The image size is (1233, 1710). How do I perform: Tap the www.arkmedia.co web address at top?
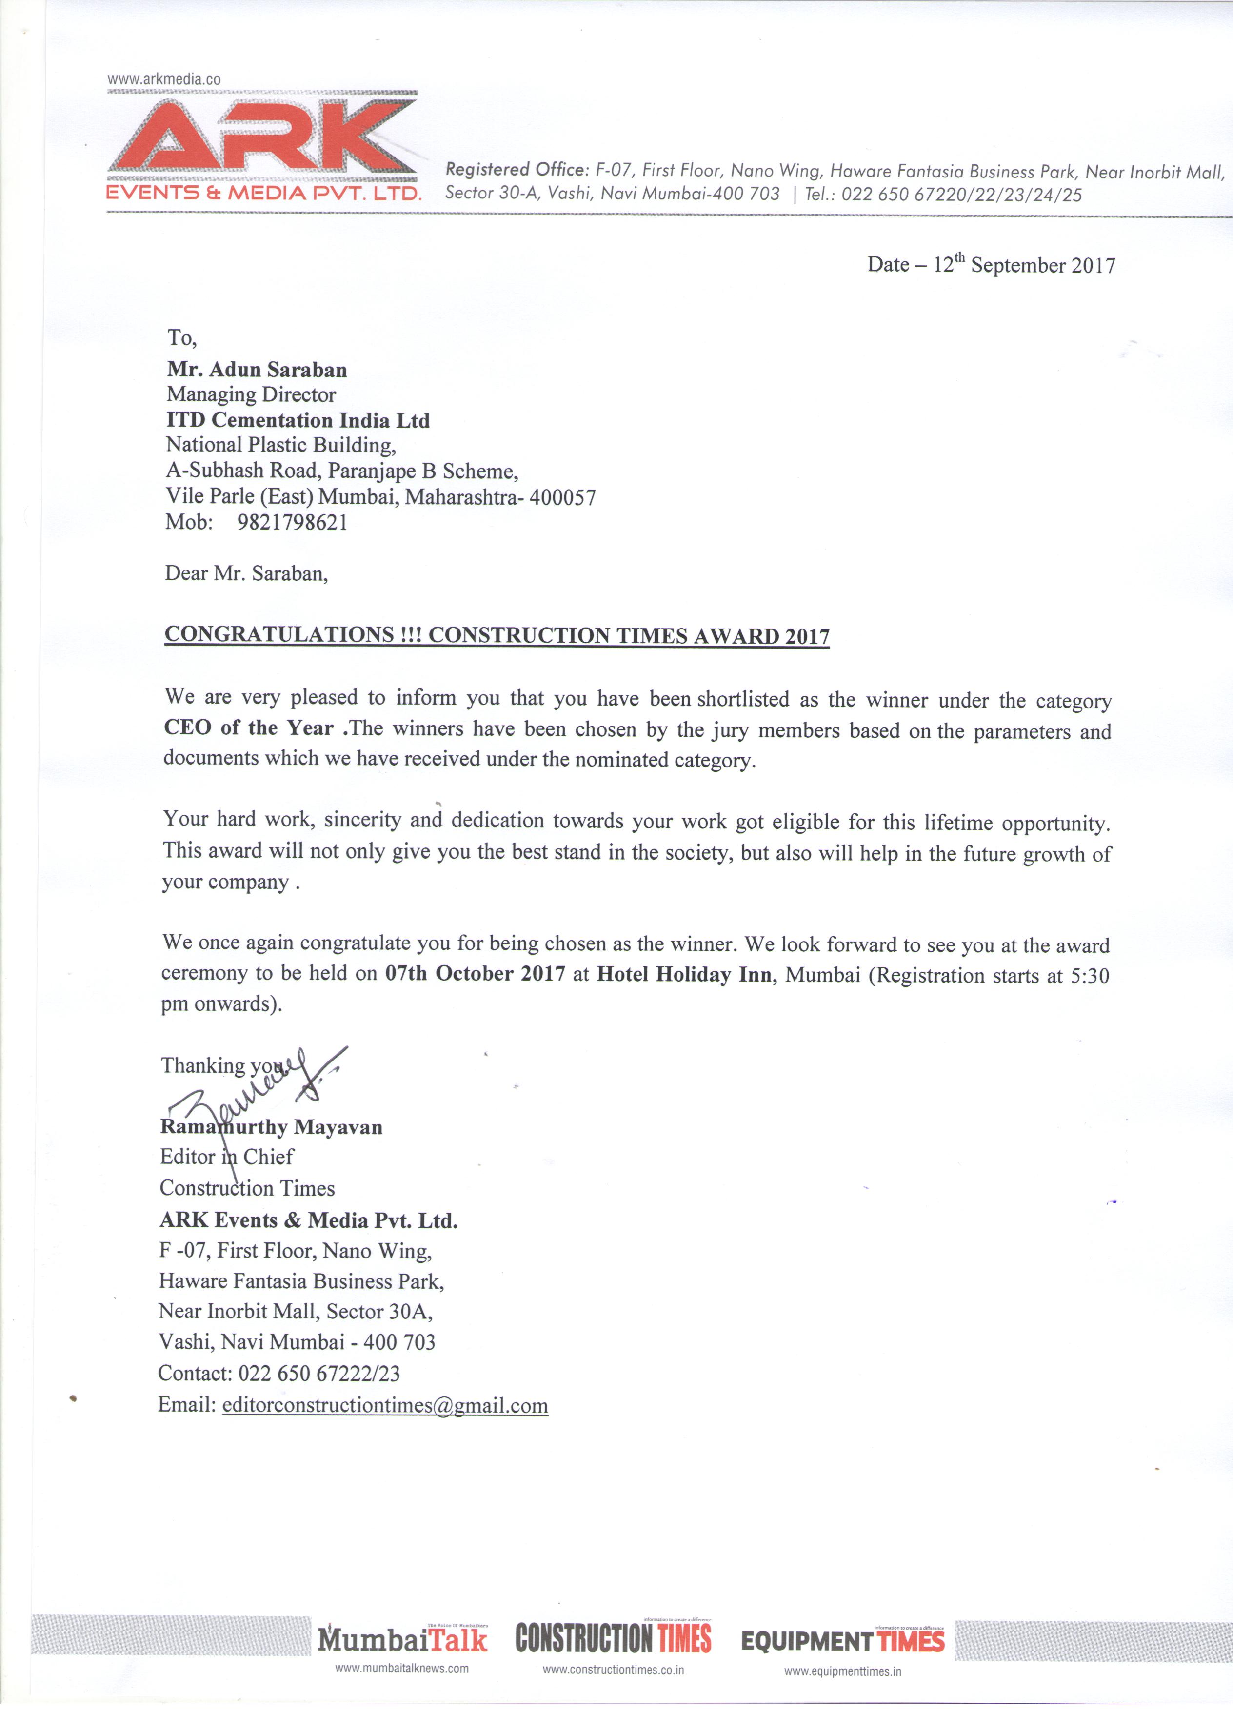point(164,79)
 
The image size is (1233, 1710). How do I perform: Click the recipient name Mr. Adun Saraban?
point(257,370)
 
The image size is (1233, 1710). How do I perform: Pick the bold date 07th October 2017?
point(475,973)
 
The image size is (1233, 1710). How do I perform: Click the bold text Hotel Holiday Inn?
point(684,975)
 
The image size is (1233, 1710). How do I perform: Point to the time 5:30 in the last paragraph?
point(1090,976)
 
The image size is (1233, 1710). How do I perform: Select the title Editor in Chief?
point(226,1157)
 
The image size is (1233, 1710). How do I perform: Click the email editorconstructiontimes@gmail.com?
point(385,1405)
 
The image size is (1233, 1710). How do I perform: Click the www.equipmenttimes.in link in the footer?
point(842,1671)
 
